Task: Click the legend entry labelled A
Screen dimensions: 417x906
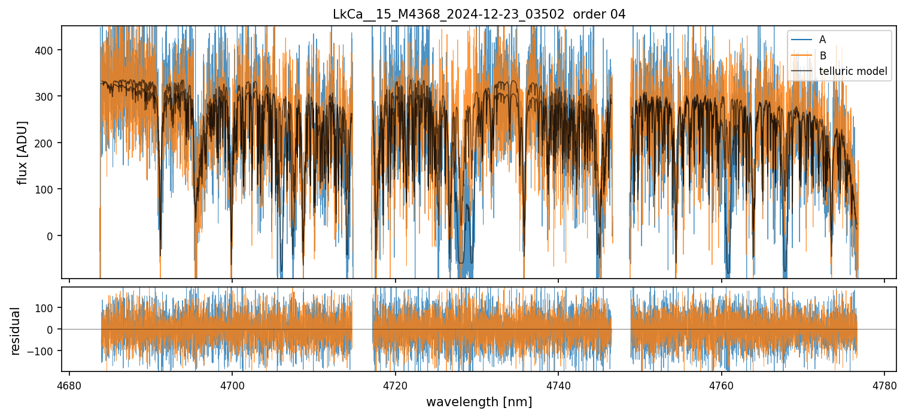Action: click(x=822, y=40)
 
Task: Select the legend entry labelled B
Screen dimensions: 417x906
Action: click(x=822, y=56)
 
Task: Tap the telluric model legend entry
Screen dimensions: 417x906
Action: click(x=853, y=72)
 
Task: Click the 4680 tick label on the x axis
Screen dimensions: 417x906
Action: click(x=69, y=386)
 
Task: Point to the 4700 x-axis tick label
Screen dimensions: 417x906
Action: click(x=232, y=386)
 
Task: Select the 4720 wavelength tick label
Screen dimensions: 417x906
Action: click(x=396, y=386)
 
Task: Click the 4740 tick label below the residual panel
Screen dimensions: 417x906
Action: click(x=558, y=386)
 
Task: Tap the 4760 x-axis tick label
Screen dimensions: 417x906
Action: click(x=722, y=386)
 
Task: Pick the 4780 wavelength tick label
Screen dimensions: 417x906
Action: click(x=884, y=386)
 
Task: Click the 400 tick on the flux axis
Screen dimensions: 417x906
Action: click(x=47, y=50)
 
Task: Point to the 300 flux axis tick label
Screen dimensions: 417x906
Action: click(x=47, y=96)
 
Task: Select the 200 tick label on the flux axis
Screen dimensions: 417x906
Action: click(x=47, y=143)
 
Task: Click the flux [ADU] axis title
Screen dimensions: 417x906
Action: click(x=23, y=152)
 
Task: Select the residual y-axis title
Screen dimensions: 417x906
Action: click(x=15, y=331)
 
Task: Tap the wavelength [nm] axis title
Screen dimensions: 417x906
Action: click(x=479, y=401)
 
